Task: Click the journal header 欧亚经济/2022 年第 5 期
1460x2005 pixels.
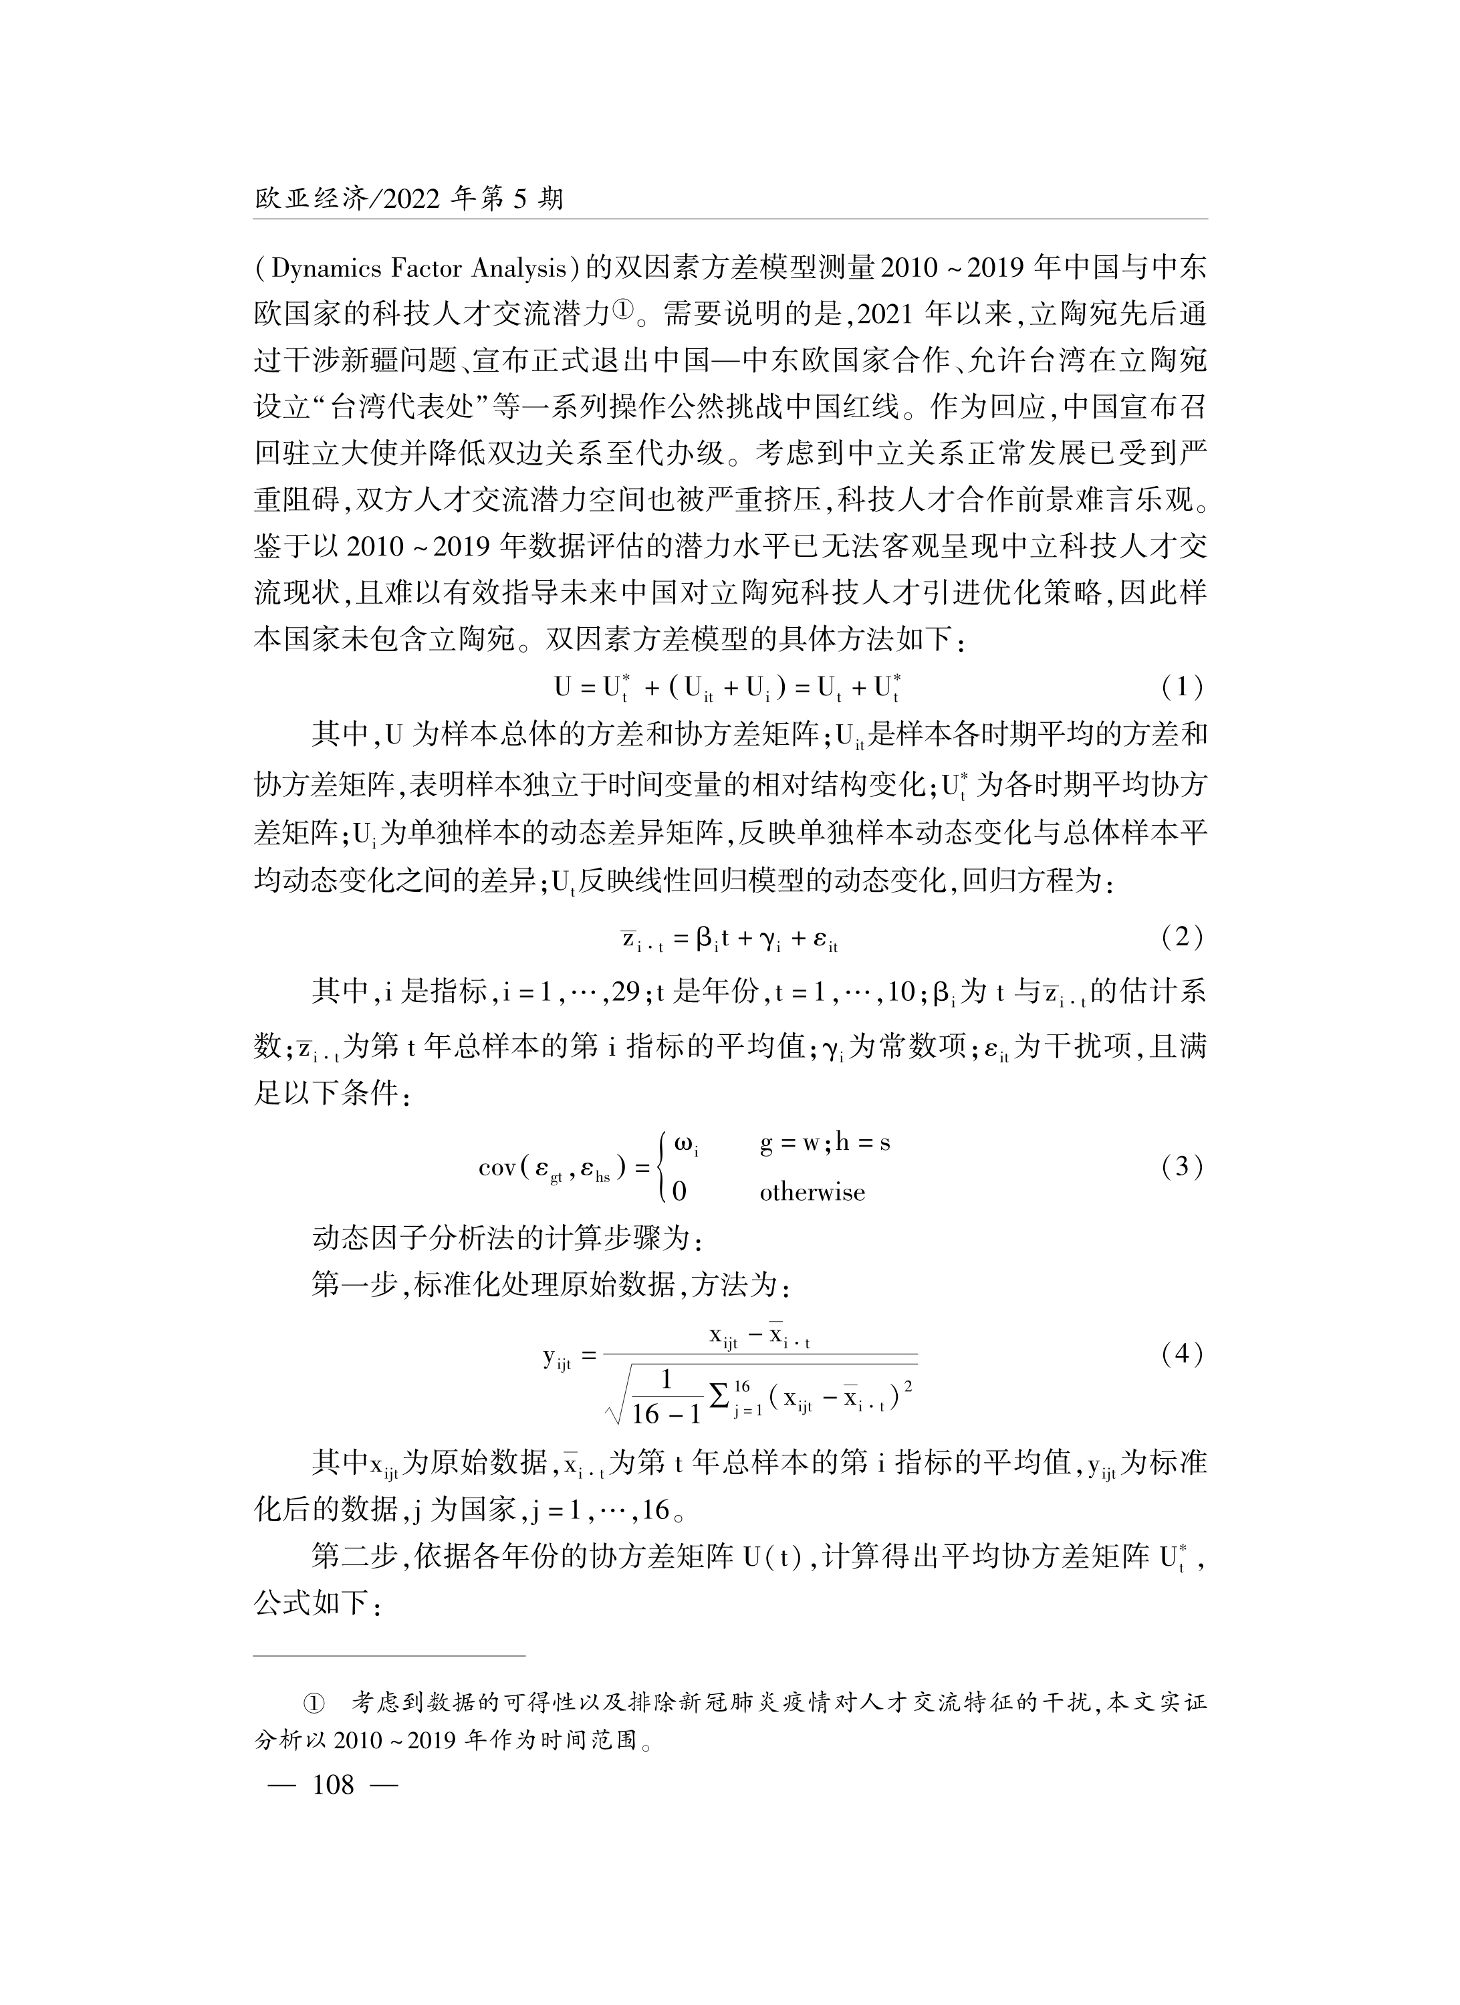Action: point(408,199)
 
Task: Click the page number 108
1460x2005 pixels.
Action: point(333,1785)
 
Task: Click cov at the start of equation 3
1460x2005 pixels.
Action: point(497,1168)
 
